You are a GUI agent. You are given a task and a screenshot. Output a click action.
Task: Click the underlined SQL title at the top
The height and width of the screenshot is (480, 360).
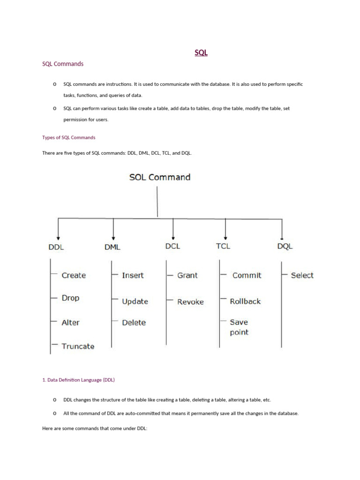point(201,53)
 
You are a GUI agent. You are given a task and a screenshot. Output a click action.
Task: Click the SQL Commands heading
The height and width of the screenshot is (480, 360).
point(63,64)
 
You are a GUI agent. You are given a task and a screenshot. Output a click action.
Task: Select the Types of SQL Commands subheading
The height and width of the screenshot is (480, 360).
point(68,138)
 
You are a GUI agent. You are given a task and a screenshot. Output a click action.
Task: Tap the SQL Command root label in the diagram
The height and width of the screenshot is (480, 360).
point(160,177)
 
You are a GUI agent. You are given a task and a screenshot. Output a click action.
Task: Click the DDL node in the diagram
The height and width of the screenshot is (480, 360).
point(56,247)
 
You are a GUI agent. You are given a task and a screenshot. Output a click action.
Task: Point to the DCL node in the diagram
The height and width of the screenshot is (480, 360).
point(172,246)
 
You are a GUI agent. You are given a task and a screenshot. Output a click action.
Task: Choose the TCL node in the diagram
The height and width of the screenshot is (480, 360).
point(223,246)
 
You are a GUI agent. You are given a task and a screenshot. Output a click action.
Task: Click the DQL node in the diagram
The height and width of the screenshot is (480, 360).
point(285,247)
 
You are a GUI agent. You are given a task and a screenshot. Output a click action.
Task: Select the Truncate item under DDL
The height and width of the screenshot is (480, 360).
point(78,346)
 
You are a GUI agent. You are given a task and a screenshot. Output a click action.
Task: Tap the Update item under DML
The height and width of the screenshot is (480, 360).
point(135,301)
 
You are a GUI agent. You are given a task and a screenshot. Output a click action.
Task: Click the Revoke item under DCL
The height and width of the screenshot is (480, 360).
point(190,302)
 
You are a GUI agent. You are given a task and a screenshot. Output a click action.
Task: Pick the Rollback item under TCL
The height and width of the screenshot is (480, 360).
point(245,301)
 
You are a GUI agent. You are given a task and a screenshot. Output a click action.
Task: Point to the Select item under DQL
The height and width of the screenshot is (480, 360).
point(302,275)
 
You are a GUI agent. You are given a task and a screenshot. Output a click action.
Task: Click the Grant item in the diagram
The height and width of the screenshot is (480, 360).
point(187,275)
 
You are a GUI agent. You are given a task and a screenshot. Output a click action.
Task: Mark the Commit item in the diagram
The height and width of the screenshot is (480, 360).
point(247,275)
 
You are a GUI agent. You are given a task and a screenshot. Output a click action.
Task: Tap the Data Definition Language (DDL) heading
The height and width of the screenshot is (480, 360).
point(78,380)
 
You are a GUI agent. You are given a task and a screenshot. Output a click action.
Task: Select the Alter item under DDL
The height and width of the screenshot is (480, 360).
point(71,322)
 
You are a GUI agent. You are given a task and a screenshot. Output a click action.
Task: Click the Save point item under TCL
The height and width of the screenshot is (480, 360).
point(239,327)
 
